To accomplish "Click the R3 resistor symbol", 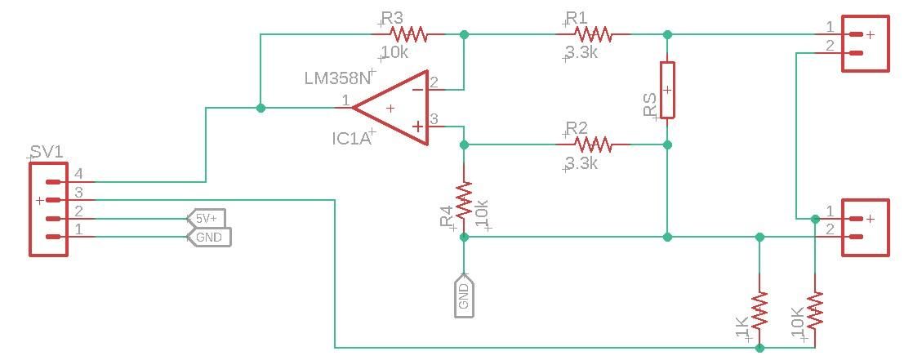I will (x=408, y=34).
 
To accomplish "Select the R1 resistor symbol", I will (x=593, y=34).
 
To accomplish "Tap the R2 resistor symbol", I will (x=593, y=144).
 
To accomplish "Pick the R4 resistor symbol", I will (x=464, y=200).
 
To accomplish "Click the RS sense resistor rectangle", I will (x=667, y=90).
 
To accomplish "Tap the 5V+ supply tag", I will (x=207, y=219).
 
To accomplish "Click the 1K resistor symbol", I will (x=759, y=310).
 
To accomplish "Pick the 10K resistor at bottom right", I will (x=815, y=310).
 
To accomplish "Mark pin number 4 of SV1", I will (x=79, y=174).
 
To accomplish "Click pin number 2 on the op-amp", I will (x=434, y=82).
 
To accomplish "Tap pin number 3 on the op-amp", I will (x=434, y=120).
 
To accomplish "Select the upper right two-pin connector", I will (x=865, y=44).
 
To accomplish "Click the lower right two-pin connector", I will (x=865, y=228).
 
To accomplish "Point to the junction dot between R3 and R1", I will (x=464, y=34).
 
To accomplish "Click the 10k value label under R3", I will (x=395, y=53).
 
